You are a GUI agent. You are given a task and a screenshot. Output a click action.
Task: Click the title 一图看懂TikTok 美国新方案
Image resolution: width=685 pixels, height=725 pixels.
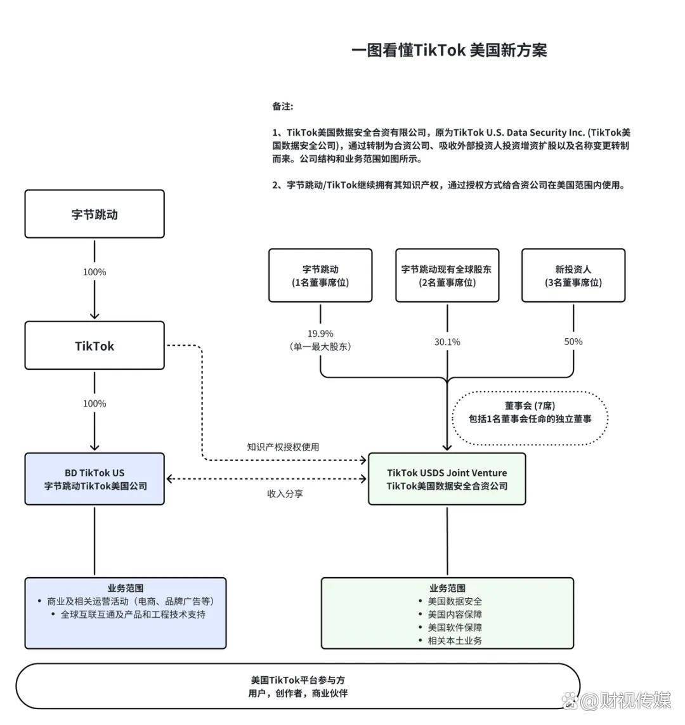tap(449, 51)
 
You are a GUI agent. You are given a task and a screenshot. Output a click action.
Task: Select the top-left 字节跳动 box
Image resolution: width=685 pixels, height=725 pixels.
tap(95, 214)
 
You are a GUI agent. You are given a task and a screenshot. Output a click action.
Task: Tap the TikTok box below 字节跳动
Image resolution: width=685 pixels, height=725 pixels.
tap(95, 346)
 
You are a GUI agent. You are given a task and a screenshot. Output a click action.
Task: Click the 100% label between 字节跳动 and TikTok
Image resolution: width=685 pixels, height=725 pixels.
tap(95, 272)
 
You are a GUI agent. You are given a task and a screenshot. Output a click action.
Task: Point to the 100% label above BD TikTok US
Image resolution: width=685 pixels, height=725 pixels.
tap(95, 403)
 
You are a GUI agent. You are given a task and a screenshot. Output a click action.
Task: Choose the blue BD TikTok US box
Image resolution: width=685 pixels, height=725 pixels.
tap(95, 479)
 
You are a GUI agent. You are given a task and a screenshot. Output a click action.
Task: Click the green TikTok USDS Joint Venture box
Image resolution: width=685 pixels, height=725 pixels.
tap(447, 479)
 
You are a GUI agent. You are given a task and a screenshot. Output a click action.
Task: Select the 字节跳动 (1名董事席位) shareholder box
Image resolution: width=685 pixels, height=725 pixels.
tap(320, 275)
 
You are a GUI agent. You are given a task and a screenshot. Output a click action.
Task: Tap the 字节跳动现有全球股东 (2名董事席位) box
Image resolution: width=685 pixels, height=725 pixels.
tap(447, 275)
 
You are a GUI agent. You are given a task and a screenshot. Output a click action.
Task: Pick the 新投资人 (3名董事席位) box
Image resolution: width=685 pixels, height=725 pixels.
tap(573, 275)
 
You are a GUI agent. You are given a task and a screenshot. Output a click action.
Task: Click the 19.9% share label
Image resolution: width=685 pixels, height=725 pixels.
tap(320, 334)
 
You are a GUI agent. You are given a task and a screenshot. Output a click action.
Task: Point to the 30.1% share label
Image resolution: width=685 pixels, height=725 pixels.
tap(447, 342)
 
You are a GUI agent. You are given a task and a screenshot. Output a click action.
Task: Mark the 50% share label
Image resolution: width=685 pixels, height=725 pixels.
tap(573, 341)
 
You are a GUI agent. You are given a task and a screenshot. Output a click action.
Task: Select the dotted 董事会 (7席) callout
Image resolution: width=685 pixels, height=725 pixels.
tap(530, 412)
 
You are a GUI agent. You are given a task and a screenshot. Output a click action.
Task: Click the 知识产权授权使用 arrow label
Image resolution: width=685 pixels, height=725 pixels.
tap(283, 447)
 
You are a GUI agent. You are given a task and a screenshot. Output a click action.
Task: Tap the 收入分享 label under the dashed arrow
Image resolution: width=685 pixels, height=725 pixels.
tap(284, 493)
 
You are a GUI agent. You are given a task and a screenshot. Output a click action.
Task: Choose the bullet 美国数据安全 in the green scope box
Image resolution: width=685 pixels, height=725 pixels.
tap(454, 601)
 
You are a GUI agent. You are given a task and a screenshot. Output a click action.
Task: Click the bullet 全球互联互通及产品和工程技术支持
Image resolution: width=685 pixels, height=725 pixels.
tap(133, 615)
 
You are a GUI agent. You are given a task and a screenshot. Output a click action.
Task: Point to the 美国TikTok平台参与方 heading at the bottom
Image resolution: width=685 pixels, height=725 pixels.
tap(297, 680)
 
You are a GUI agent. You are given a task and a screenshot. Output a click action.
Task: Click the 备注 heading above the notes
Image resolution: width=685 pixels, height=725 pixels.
tap(283, 106)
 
